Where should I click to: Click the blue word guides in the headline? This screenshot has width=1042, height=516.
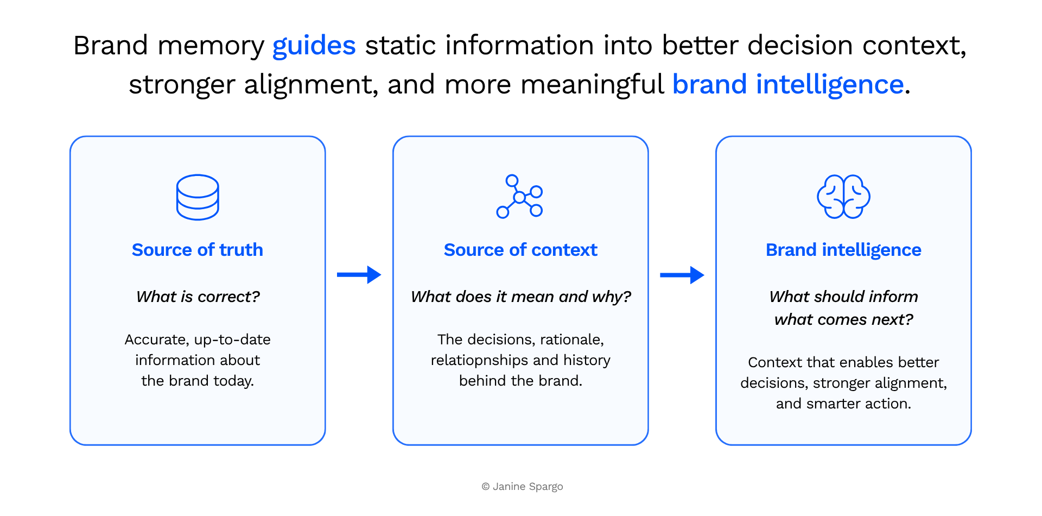(x=314, y=46)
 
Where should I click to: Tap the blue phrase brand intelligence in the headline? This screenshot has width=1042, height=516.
(x=788, y=85)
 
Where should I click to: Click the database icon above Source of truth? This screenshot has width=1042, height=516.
(x=198, y=197)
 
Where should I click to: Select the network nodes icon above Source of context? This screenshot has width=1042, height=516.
(x=520, y=197)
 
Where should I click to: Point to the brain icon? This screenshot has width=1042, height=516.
(x=843, y=197)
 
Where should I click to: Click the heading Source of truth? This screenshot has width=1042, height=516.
(x=198, y=250)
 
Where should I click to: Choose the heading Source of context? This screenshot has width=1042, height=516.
(x=520, y=250)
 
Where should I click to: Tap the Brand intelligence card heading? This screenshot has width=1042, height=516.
(x=843, y=250)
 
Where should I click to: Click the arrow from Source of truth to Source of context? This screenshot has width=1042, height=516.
(x=359, y=275)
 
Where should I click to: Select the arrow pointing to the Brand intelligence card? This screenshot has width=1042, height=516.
(x=682, y=275)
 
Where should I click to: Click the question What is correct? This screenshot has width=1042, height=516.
(x=198, y=297)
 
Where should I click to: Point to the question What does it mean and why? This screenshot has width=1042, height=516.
(x=521, y=297)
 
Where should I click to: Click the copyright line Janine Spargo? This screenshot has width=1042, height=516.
(x=522, y=487)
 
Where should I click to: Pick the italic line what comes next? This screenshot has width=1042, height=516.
(x=844, y=319)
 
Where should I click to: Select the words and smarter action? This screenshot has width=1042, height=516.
(x=843, y=404)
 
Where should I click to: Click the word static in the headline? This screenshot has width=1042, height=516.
(x=401, y=46)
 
